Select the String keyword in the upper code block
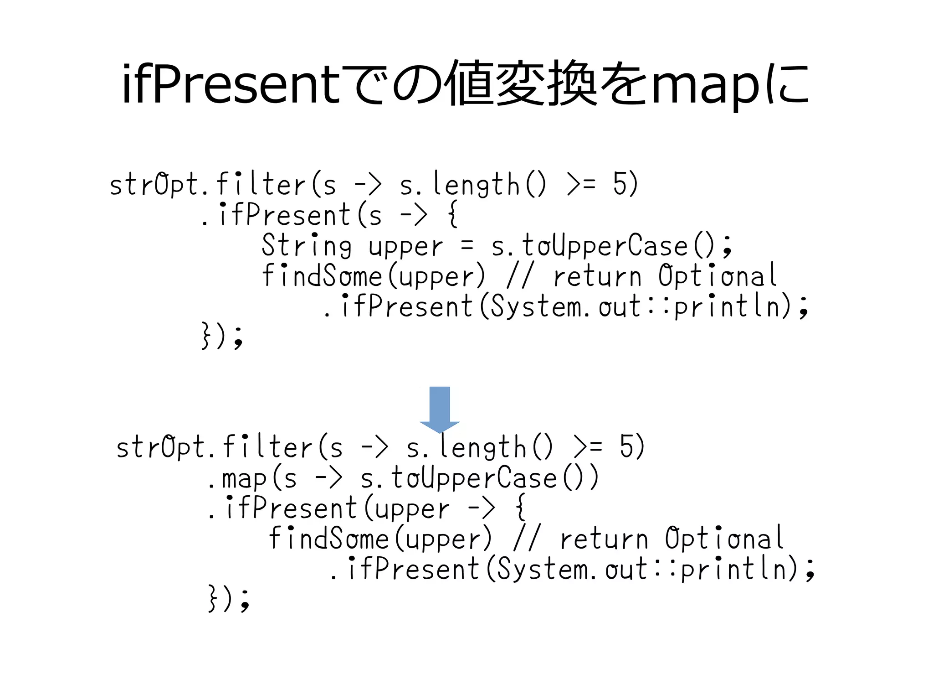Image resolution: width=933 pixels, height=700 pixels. (307, 246)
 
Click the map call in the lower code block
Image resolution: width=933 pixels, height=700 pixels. (244, 479)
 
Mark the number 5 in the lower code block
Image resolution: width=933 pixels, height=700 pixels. (627, 446)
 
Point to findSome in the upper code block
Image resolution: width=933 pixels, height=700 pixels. (322, 276)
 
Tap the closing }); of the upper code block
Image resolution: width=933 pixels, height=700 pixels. (222, 337)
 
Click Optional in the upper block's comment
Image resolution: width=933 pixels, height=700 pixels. (718, 276)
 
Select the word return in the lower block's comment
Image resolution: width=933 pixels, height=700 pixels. (604, 539)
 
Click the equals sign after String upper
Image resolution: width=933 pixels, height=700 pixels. (467, 247)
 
